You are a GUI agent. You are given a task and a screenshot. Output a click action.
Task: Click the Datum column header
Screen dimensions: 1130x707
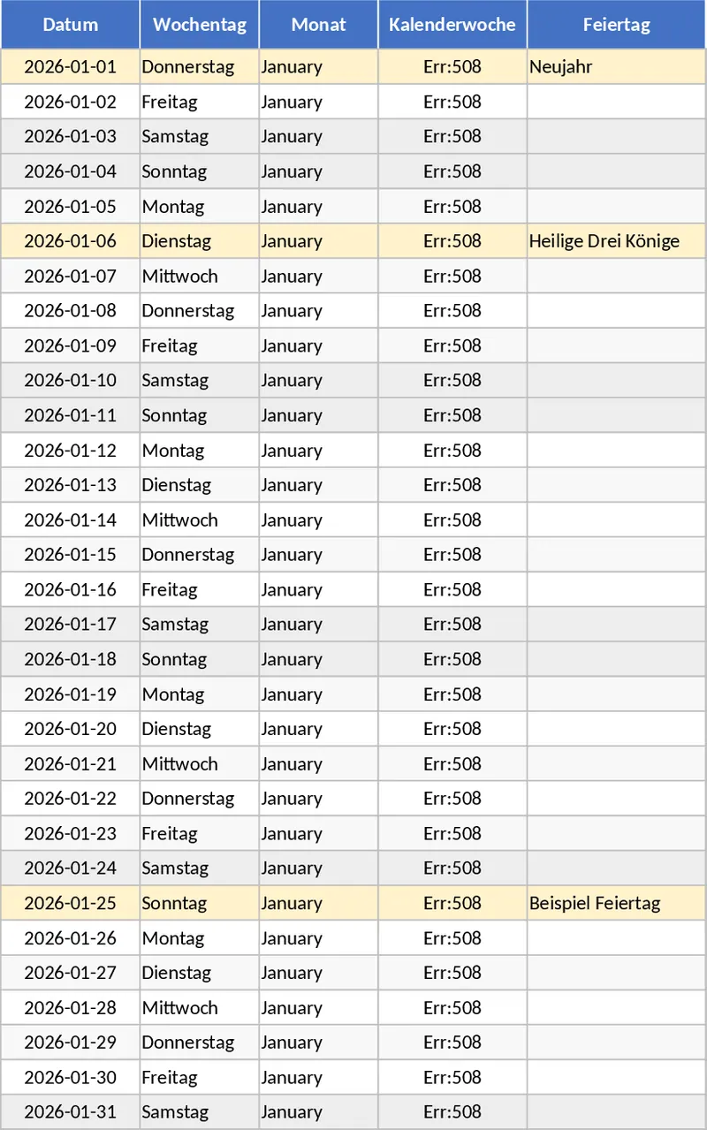coord(70,25)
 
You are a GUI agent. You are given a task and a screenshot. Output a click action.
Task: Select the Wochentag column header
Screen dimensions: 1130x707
coord(200,25)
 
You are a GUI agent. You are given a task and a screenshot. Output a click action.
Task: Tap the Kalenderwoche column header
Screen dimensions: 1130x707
coord(452,25)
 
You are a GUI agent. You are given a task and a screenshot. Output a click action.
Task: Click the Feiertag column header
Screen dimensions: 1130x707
coord(616,25)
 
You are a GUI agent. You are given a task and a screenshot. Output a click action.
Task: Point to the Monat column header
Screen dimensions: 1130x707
coord(318,25)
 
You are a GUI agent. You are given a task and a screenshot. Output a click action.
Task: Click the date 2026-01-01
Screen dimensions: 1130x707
coord(70,66)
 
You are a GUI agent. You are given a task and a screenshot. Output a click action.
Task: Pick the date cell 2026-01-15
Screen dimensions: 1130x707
coord(70,555)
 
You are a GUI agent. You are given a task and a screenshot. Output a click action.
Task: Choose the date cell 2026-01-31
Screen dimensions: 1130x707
coord(70,1111)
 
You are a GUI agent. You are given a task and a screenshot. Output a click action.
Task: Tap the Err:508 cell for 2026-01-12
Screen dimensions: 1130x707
coord(452,451)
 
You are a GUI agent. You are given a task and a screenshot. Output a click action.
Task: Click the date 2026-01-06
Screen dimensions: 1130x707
coord(70,241)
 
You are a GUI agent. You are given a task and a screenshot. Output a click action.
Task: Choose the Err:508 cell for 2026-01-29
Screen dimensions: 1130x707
coord(452,1042)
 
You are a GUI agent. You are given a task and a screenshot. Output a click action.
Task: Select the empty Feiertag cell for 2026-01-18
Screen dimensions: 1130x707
coord(616,659)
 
